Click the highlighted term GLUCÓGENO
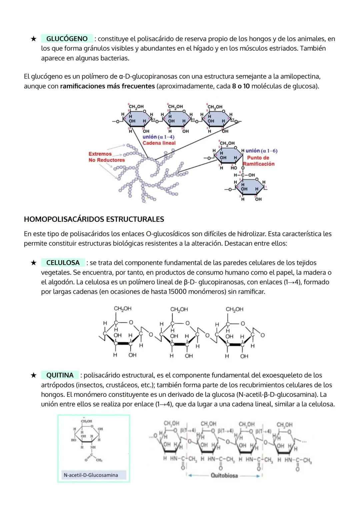tap(67, 39)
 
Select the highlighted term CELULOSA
tap(63, 262)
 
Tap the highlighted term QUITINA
tap(60, 375)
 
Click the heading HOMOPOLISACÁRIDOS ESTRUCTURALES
tap(94, 219)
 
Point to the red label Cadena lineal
tap(159, 143)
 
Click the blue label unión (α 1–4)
tap(158, 137)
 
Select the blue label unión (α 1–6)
tap(261, 151)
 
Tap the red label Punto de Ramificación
tap(258, 161)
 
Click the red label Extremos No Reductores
tap(106, 157)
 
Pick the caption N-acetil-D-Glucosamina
tap(91, 475)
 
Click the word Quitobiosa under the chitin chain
tap(224, 475)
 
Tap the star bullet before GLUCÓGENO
tap(33, 39)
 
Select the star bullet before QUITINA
tap(33, 375)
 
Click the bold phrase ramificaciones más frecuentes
tap(107, 86)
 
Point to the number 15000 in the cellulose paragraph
tap(177, 292)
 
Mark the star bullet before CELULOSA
tap(33, 263)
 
